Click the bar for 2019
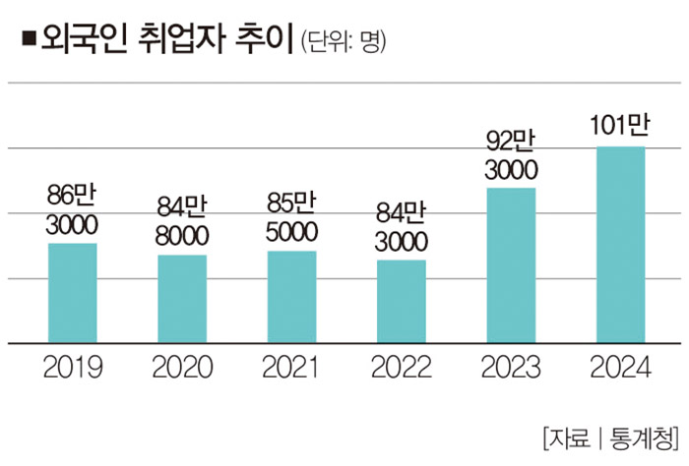(73, 293)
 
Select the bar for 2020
(182, 299)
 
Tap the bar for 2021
(292, 297)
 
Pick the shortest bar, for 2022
(402, 302)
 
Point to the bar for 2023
(512, 265)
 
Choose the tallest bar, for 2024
(621, 245)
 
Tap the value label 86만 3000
(72, 208)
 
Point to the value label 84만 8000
(182, 220)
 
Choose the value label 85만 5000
(292, 217)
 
